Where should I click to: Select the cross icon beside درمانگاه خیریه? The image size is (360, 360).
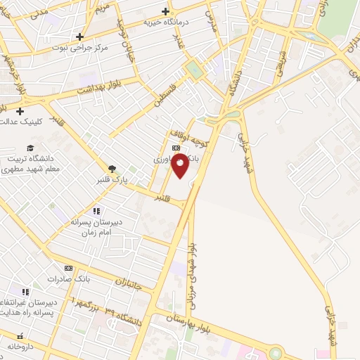coord(165,11)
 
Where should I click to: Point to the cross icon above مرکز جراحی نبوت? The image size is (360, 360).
coord(79,37)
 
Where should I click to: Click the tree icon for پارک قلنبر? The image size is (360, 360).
coord(111,168)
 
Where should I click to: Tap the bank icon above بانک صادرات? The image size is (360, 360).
coord(68,268)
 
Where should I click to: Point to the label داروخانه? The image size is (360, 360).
coord(21,347)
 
